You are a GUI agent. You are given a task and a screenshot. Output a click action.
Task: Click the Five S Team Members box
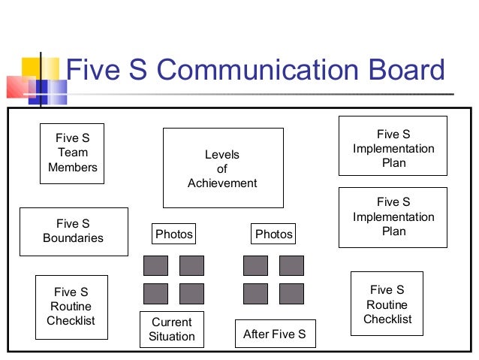click(72, 153)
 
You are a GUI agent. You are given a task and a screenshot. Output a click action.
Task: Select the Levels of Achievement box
click(223, 168)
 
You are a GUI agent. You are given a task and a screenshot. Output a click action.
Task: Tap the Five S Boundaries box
click(73, 231)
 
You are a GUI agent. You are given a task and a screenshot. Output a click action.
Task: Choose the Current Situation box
click(172, 329)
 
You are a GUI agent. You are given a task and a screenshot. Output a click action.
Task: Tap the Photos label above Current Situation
click(174, 234)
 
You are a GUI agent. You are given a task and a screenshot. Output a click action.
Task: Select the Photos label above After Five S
click(274, 234)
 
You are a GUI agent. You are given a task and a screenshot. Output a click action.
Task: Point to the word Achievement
click(222, 183)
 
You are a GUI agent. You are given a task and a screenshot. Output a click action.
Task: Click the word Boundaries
click(73, 238)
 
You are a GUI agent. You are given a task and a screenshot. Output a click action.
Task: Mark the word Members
click(73, 168)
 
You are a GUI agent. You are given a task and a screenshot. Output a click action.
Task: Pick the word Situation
click(172, 336)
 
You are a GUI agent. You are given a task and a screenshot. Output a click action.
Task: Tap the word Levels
click(222, 155)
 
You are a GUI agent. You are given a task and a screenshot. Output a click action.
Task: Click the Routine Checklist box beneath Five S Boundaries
click(71, 307)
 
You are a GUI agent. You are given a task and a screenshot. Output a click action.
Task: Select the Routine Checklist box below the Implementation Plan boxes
click(387, 304)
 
